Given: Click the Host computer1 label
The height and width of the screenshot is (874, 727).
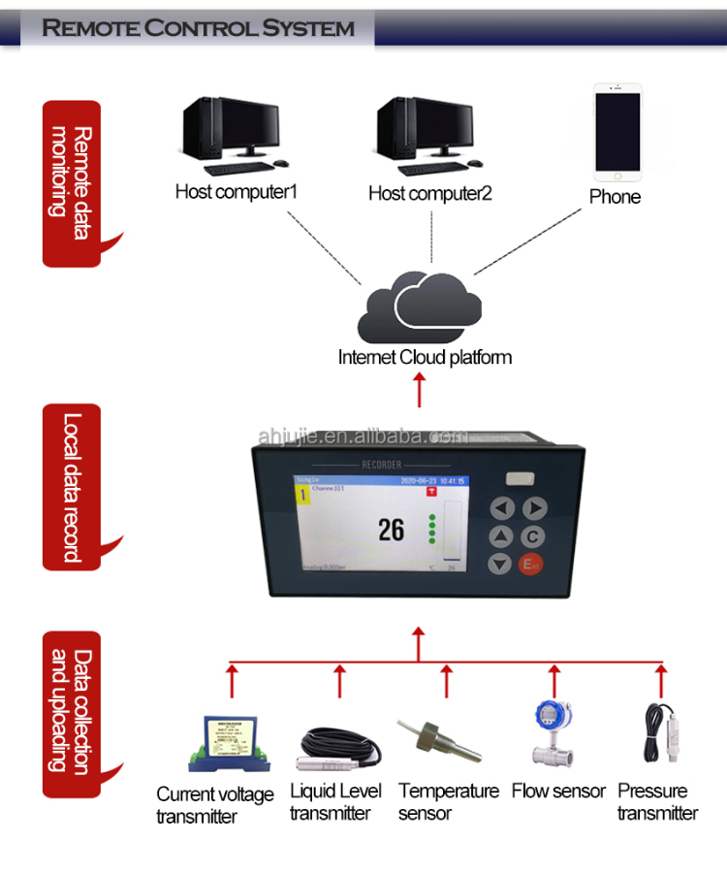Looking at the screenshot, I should (236, 191).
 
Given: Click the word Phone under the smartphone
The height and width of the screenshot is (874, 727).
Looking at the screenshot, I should (616, 197).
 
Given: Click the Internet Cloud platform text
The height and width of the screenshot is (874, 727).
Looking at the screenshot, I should (425, 357).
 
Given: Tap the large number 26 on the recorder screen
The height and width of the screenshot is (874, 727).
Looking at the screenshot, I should (391, 529).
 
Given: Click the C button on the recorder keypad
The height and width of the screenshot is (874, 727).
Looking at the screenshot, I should (534, 536).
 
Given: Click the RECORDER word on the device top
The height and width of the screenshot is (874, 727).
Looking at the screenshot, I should (381, 465).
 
